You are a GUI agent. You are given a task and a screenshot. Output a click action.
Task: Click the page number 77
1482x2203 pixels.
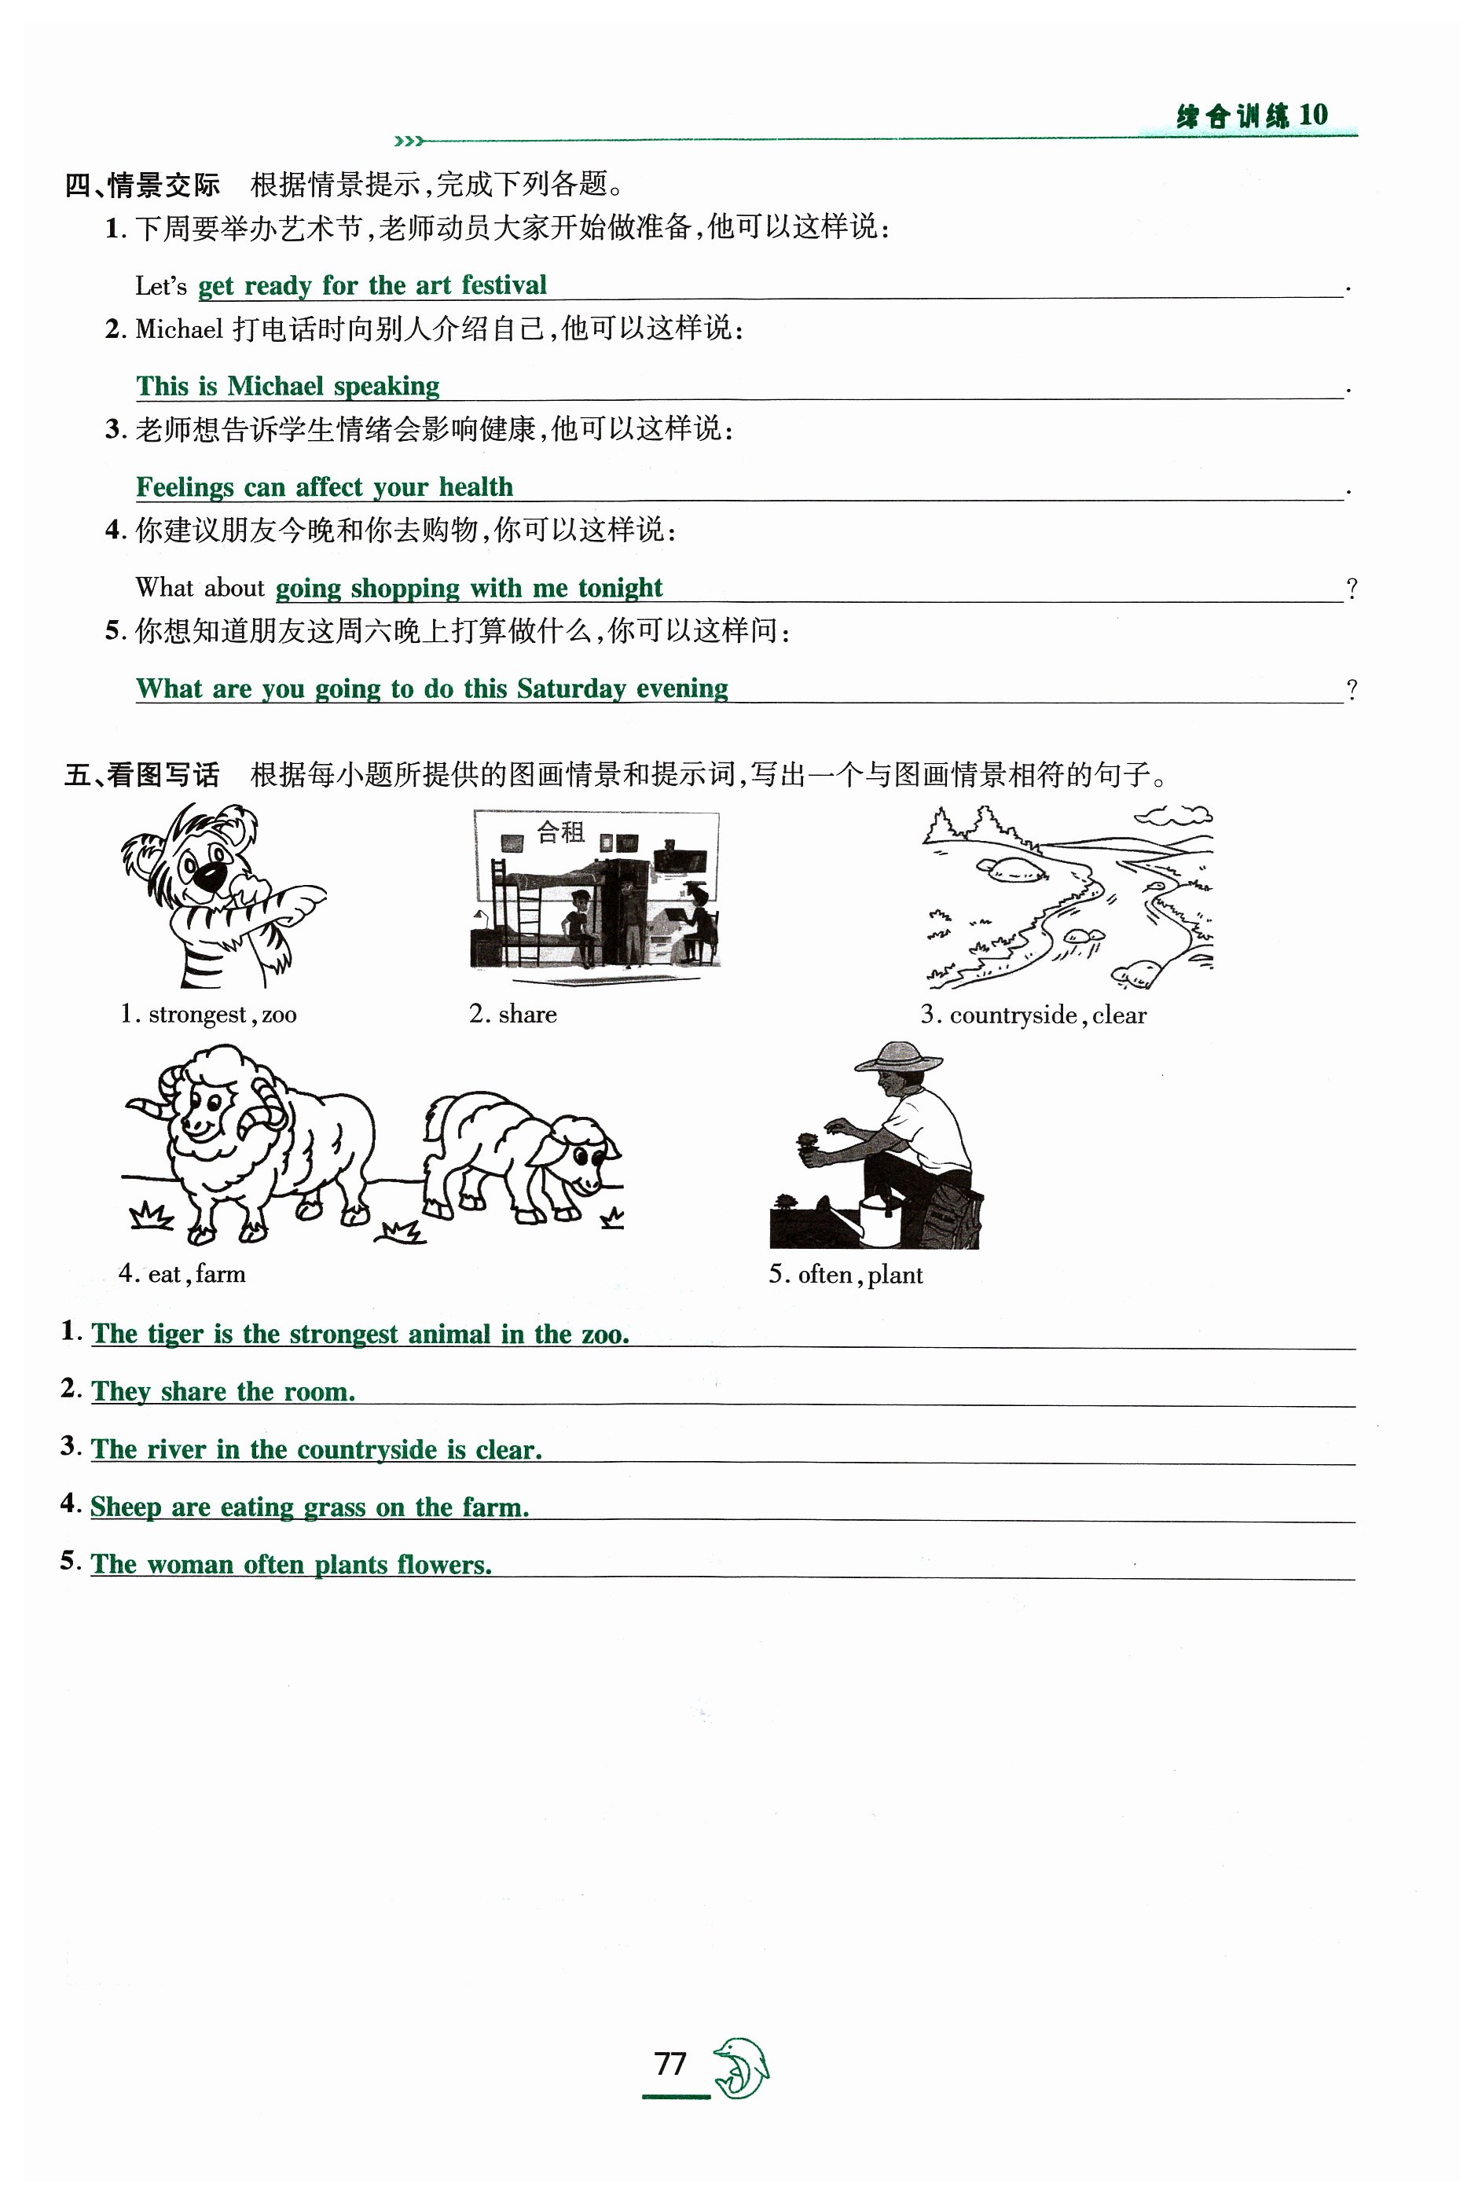pyautogui.click(x=670, y=2063)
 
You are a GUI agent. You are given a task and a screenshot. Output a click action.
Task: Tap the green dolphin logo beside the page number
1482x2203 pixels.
pyautogui.click(x=741, y=2068)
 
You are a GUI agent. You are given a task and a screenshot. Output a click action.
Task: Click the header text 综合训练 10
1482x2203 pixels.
pyautogui.click(x=1252, y=116)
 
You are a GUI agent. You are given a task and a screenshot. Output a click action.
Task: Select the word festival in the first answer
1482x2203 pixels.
pyautogui.click(x=504, y=285)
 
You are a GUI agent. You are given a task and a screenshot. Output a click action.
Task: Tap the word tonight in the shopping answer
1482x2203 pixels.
pyautogui.click(x=620, y=588)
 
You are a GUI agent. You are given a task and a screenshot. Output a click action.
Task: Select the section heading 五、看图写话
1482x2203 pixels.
pyautogui.click(x=141, y=775)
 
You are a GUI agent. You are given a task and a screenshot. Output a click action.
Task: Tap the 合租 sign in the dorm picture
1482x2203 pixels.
pyautogui.click(x=560, y=832)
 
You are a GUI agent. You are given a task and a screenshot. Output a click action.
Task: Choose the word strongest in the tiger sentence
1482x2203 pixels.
pyautogui.click(x=343, y=1334)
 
